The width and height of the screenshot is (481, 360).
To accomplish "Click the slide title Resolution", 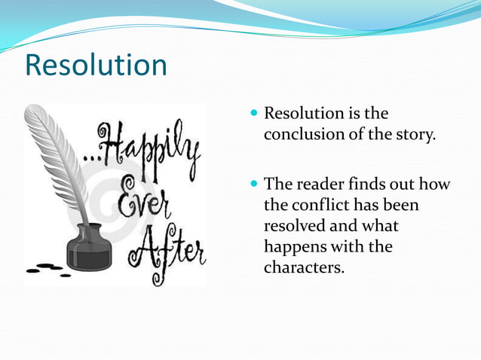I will (96, 65).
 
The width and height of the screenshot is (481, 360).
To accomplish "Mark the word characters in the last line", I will (304, 267).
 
